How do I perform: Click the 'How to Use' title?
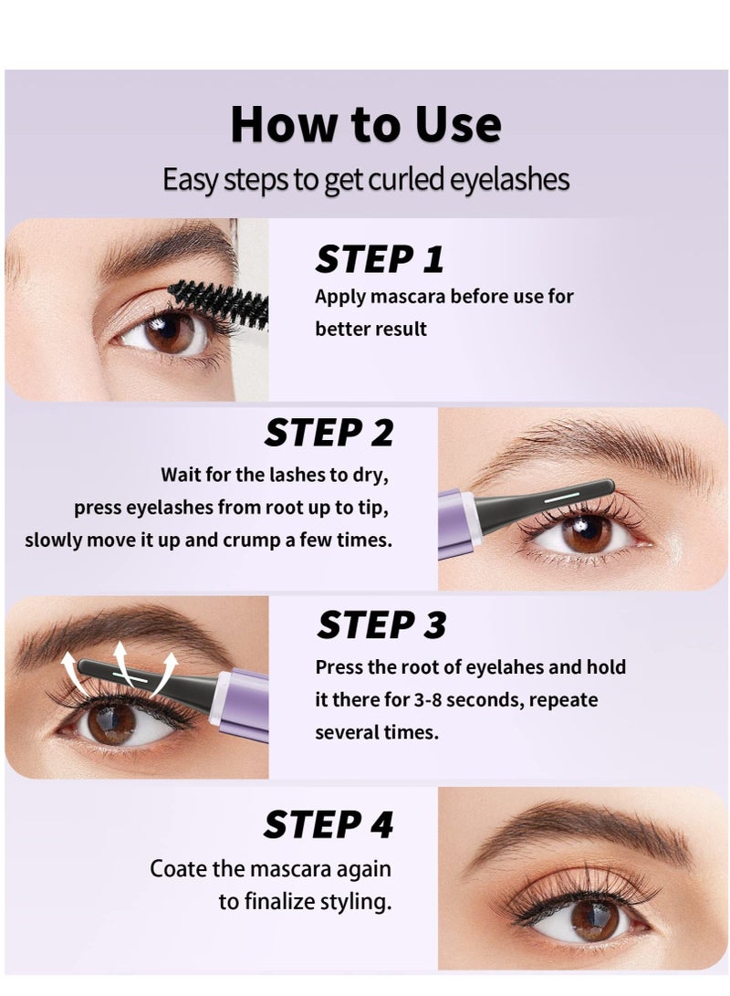pyautogui.click(x=365, y=125)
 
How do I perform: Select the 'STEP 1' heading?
pyautogui.click(x=379, y=259)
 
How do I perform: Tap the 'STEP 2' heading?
pyautogui.click(x=328, y=433)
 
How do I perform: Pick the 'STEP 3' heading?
pyautogui.click(x=381, y=625)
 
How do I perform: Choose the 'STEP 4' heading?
pyautogui.click(x=328, y=824)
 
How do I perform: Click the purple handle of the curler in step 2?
pyautogui.click(x=454, y=523)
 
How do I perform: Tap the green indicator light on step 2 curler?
pyautogui.click(x=556, y=499)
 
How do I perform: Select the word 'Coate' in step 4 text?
pyautogui.click(x=180, y=869)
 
